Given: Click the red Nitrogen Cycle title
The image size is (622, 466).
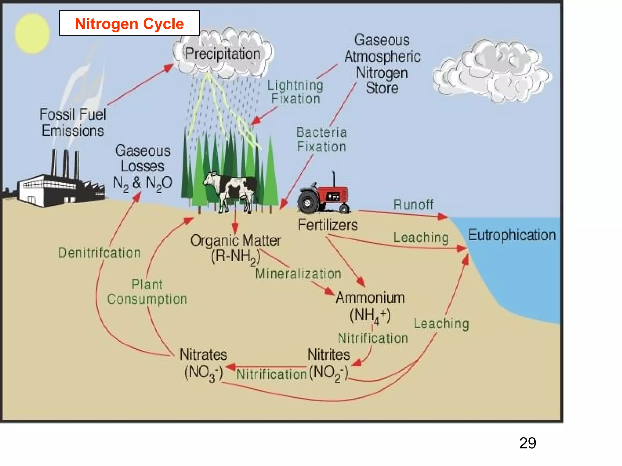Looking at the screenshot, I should tap(129, 24).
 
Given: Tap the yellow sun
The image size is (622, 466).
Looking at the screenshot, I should tap(32, 33).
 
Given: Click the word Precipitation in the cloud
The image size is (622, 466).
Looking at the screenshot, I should tap(223, 54).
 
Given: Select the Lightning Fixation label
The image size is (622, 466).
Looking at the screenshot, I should tap(295, 92).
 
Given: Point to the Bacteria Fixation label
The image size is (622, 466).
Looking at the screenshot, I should tap(321, 140).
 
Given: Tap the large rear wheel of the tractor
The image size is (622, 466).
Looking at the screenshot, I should tap(308, 202).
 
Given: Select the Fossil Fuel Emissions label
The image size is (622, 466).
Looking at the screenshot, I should tap(73, 123).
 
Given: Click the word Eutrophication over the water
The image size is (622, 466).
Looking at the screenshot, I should tap(512, 235).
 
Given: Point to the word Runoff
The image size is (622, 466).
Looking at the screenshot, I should tap(413, 205).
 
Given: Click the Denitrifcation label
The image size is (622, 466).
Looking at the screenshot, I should tap(99, 253).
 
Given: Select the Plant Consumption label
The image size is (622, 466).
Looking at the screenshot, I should tap(147, 292).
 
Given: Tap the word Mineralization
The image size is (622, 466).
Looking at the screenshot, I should tap(298, 274).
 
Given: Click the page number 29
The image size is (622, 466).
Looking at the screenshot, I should tap(528, 443).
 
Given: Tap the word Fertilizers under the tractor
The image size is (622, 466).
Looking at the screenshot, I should tap(328, 225).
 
